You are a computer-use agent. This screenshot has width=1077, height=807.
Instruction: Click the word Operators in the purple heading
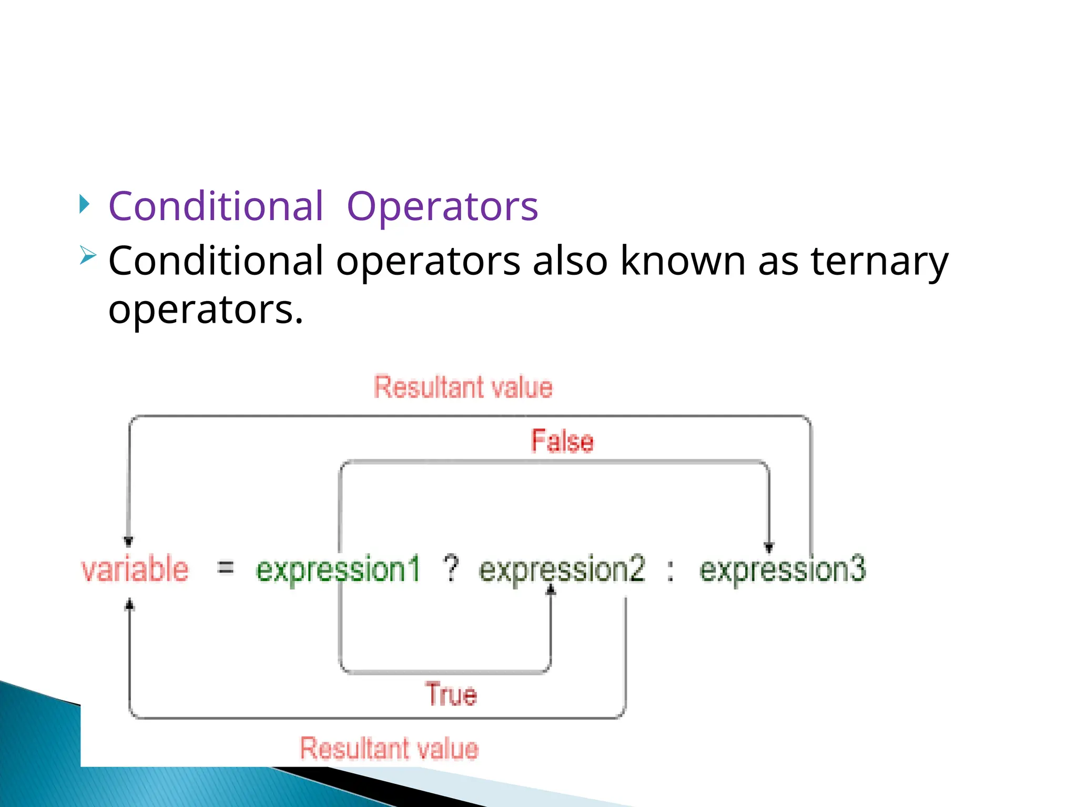(x=442, y=206)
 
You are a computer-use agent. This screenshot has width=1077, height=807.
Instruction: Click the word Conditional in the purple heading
(x=216, y=206)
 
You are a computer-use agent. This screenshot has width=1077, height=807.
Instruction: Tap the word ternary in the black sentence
(x=879, y=261)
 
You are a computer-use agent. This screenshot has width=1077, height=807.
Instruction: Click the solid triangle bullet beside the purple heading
(x=84, y=204)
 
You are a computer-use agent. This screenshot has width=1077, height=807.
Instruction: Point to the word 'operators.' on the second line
(x=206, y=309)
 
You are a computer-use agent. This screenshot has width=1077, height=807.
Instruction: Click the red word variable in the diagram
(x=135, y=570)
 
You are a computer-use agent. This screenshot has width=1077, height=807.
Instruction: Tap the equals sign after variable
(x=226, y=567)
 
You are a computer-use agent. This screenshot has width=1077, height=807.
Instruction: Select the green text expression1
(x=338, y=570)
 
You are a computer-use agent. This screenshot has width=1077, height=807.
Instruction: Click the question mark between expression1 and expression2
(x=451, y=568)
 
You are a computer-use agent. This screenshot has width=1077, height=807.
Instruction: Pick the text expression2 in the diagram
(x=562, y=570)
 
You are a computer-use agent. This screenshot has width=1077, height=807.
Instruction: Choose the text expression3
(x=782, y=570)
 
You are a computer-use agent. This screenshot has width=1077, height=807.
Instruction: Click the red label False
(x=562, y=441)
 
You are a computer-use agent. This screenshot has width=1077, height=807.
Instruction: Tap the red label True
(x=451, y=694)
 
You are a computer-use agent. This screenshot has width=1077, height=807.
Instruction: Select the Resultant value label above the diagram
(x=463, y=388)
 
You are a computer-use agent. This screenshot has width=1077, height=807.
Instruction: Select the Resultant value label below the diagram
(x=389, y=748)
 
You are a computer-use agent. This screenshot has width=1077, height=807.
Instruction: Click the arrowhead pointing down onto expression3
(x=768, y=547)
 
